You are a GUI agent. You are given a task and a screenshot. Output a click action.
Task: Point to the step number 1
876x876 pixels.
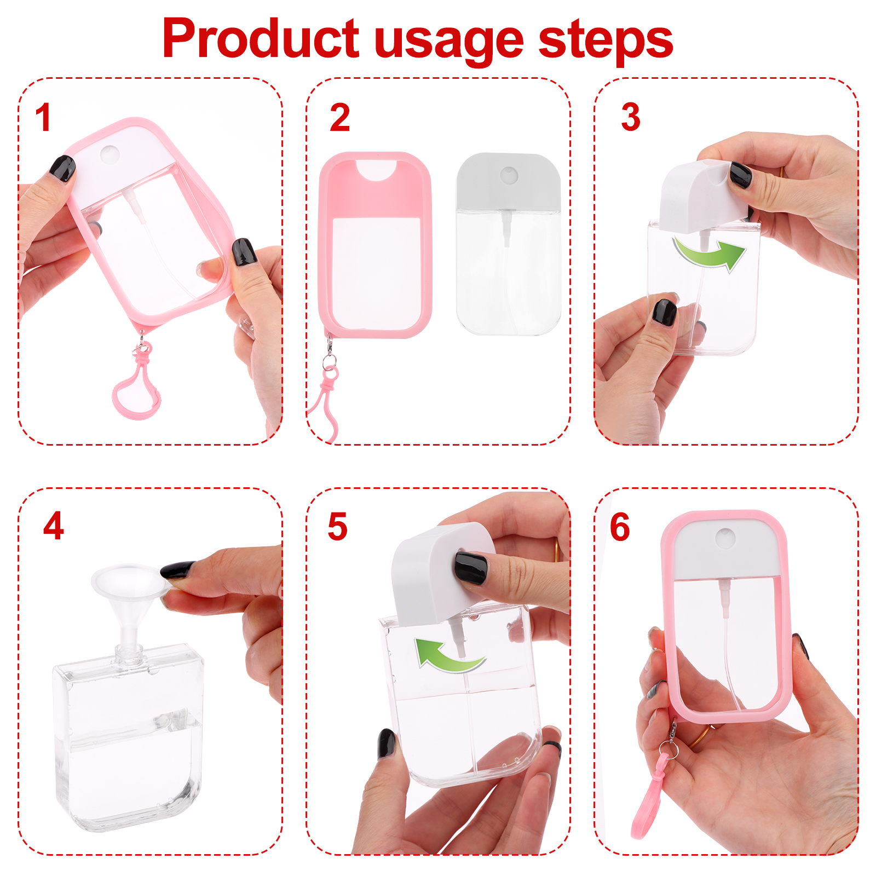(43, 117)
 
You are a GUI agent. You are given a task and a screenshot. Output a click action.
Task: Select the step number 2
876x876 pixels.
(339, 117)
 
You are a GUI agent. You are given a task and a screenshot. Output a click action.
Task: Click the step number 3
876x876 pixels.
(631, 117)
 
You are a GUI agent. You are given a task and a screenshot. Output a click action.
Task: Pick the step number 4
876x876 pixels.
(54, 526)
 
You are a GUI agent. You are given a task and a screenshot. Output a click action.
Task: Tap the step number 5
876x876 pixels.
(337, 527)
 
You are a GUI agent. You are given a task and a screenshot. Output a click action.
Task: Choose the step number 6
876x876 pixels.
(620, 527)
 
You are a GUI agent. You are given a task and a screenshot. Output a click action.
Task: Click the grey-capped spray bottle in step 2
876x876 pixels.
(509, 244)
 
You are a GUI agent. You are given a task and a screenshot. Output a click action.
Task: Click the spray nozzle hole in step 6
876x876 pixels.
(725, 538)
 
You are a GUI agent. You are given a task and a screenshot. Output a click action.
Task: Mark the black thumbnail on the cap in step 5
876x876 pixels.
(470, 568)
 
